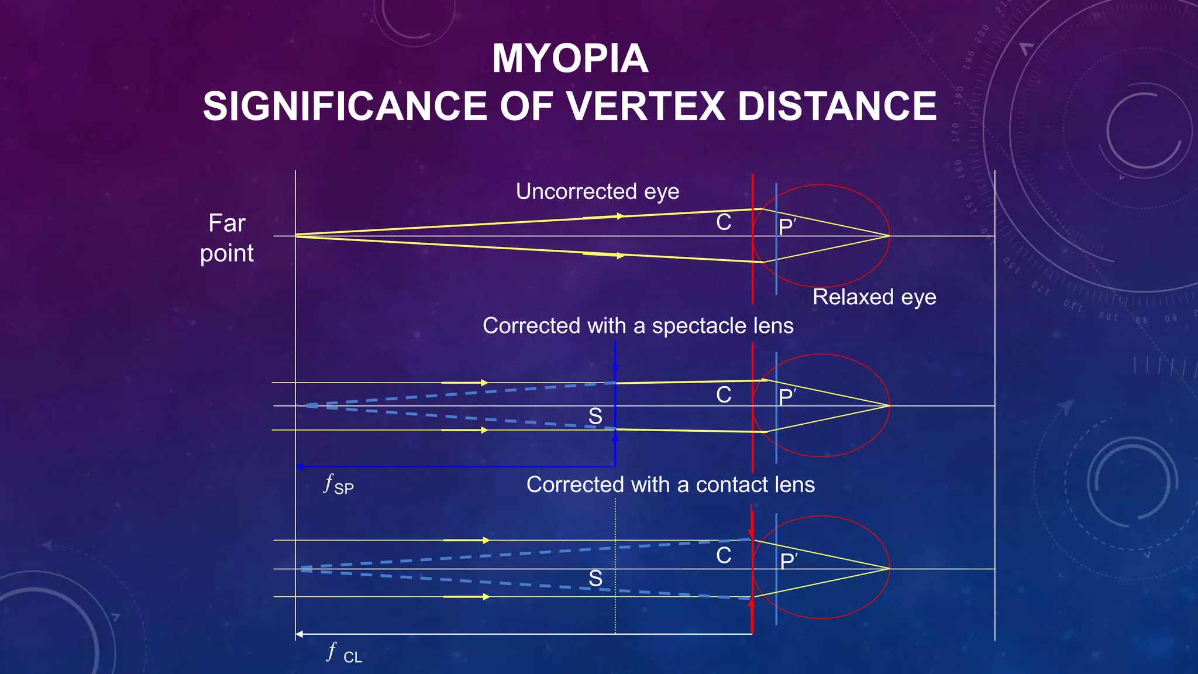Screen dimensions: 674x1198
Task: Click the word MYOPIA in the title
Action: pyautogui.click(x=570, y=59)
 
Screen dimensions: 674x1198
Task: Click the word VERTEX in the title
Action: pyautogui.click(x=645, y=106)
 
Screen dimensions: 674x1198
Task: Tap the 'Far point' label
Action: pyautogui.click(x=227, y=238)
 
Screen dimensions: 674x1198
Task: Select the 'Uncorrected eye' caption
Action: pyautogui.click(x=597, y=191)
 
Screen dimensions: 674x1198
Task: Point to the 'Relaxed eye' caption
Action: pyautogui.click(x=874, y=297)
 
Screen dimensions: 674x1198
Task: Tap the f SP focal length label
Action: pyautogui.click(x=338, y=485)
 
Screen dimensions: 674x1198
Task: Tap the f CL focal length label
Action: pyautogui.click(x=344, y=653)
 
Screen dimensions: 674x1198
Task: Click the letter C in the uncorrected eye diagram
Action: pyautogui.click(x=724, y=222)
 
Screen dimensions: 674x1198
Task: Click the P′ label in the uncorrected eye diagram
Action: pyautogui.click(x=787, y=226)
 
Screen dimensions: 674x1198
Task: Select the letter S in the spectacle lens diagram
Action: pyautogui.click(x=595, y=417)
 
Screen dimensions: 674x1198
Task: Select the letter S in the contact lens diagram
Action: pyautogui.click(x=595, y=579)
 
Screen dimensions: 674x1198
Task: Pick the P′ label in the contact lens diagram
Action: pyautogui.click(x=788, y=561)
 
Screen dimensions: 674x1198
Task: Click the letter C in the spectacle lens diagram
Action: pyautogui.click(x=724, y=395)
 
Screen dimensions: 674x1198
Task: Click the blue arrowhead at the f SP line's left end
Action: pyautogui.click(x=299, y=467)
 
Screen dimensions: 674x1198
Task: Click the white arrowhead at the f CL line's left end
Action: pyautogui.click(x=299, y=634)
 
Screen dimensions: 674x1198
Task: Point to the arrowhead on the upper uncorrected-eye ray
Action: pyautogui.click(x=620, y=216)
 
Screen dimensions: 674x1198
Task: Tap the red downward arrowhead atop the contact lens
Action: pyautogui.click(x=752, y=534)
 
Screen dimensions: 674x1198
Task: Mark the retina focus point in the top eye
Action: pyautogui.click(x=889, y=236)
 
